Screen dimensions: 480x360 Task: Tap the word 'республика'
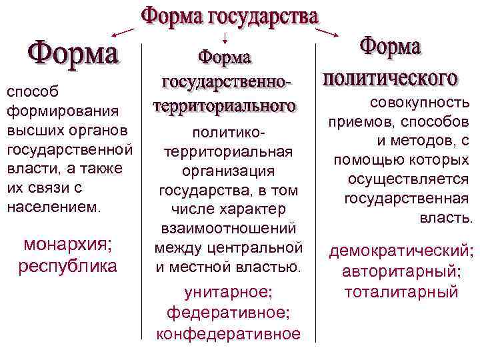(x=67, y=266)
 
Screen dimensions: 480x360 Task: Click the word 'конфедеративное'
(x=228, y=333)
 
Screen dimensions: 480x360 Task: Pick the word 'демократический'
(x=401, y=251)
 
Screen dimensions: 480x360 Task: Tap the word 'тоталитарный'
(x=401, y=291)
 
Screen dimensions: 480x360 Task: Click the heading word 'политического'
(x=389, y=77)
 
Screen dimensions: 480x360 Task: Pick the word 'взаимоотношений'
(x=227, y=229)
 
